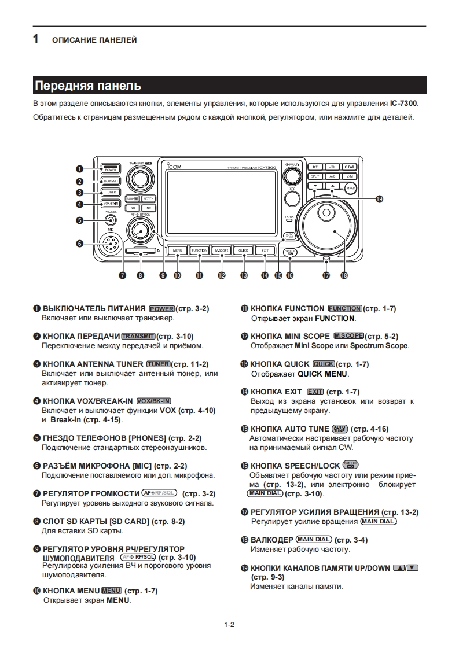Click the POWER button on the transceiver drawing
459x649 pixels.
point(111,169)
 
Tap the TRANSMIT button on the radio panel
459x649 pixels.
point(111,181)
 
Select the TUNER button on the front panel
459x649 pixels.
point(111,192)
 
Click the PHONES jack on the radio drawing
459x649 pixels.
point(111,219)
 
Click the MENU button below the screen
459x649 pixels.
point(177,250)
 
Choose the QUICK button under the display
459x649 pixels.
point(243,250)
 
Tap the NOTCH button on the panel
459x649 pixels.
point(149,198)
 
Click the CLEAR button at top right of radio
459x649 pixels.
point(350,167)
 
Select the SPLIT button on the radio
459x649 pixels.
point(315,176)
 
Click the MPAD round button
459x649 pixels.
point(350,189)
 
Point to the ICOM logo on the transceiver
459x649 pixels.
point(174,167)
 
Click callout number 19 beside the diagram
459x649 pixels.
point(380,199)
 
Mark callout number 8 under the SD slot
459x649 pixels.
point(140,275)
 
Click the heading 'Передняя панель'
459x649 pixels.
point(88,86)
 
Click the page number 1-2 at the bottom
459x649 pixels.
point(229,624)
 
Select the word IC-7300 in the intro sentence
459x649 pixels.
point(404,104)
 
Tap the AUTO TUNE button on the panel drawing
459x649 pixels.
point(289,235)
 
